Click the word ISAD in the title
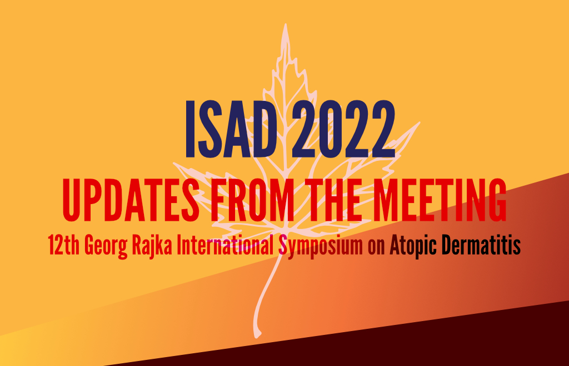click(231, 129)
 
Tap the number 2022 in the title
click(343, 129)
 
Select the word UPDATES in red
click(131, 200)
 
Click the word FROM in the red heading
click(253, 200)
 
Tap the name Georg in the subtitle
click(106, 246)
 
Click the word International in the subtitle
click(225, 245)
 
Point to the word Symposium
click(321, 246)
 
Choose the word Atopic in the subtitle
click(413, 246)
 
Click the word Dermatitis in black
click(481, 245)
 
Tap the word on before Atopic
click(376, 248)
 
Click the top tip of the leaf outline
click(286, 24)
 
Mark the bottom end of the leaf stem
click(257, 337)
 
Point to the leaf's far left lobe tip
click(174, 164)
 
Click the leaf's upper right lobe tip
click(419, 123)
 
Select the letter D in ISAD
click(262, 129)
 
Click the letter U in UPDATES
click(71, 200)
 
